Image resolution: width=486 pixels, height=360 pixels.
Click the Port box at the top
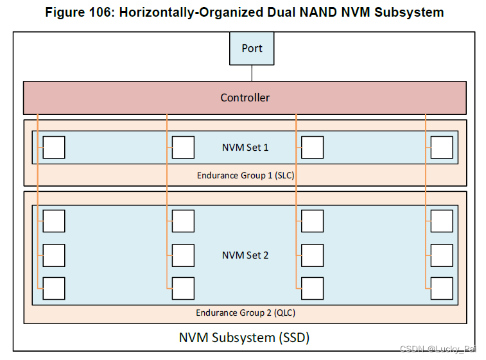point(252,49)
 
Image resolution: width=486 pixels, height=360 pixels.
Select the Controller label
point(245,98)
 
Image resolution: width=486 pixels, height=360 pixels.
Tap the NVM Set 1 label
point(245,148)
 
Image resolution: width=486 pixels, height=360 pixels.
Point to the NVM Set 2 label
point(245,255)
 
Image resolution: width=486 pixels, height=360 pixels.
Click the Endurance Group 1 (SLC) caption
point(245,175)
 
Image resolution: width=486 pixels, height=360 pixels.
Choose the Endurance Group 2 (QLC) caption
point(245,313)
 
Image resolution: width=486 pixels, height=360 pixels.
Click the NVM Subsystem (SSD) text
point(244,337)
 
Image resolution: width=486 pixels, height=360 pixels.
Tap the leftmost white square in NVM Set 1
point(54,148)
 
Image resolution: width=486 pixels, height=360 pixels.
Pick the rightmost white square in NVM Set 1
point(442,148)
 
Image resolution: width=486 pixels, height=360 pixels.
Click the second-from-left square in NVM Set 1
point(184,148)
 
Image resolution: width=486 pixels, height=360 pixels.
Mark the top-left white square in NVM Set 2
point(54,221)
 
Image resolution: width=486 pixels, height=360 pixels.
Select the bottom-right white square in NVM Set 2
point(442,288)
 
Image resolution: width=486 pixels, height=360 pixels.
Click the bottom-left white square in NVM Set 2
point(54,288)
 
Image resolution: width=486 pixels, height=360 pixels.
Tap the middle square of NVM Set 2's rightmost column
point(442,255)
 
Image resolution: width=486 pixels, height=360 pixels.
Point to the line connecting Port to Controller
point(252,73)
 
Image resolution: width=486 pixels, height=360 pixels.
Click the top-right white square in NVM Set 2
point(442,221)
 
